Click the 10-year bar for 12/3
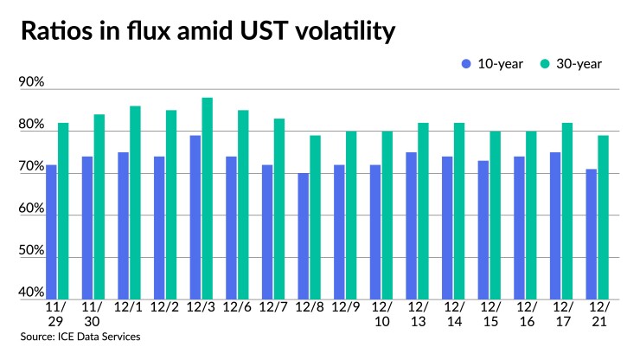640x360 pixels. tap(195, 217)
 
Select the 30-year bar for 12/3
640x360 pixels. tap(207, 198)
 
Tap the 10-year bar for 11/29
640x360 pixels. tap(51, 232)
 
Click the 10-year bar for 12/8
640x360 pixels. tap(304, 236)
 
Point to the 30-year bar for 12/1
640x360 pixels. tap(135, 202)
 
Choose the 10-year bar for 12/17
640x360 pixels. tap(556, 225)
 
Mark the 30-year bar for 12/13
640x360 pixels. tap(423, 211)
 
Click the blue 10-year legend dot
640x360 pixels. tap(466, 63)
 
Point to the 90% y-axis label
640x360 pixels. tap(31, 82)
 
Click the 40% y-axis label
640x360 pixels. tap(31, 292)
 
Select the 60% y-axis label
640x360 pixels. tap(31, 209)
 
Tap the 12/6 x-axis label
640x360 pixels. tap(237, 308)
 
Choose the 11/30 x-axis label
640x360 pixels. tap(93, 314)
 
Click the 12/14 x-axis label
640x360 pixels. tap(453, 314)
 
